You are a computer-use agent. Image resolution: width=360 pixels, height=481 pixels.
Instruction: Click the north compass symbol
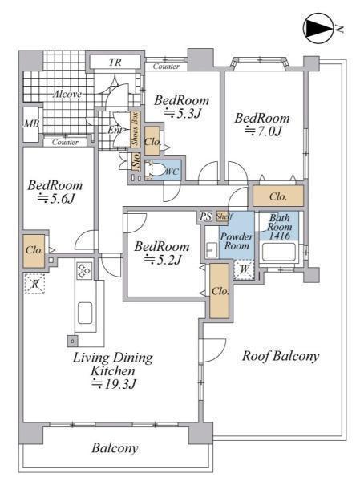click(318, 28)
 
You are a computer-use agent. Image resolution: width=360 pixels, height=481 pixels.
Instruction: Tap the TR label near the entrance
click(115, 63)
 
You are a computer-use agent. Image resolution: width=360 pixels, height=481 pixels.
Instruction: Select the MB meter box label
click(31, 123)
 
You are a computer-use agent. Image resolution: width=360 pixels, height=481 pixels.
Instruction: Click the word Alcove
click(67, 94)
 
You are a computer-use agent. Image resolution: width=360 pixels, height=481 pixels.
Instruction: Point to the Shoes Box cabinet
click(135, 128)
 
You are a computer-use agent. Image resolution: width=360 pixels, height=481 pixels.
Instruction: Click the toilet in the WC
click(155, 171)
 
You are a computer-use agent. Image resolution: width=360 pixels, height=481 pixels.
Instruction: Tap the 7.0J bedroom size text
click(263, 131)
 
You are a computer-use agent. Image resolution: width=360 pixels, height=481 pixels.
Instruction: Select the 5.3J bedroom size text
click(183, 114)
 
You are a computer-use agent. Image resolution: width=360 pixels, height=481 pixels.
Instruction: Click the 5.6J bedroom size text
click(56, 199)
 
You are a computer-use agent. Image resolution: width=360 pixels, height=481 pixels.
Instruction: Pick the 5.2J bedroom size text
click(163, 260)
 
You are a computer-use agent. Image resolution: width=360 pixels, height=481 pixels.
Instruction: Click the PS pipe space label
click(205, 216)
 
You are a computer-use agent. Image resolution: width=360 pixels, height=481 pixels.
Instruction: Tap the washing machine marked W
click(244, 269)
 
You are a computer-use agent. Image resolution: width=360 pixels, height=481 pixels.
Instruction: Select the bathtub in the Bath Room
click(277, 252)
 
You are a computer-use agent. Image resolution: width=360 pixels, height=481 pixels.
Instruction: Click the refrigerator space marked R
click(34, 284)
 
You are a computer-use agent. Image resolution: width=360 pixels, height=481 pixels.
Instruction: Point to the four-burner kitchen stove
click(84, 271)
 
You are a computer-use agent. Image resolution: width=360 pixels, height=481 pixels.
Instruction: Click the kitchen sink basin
click(85, 313)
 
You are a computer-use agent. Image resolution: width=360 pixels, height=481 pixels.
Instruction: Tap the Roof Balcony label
click(281, 356)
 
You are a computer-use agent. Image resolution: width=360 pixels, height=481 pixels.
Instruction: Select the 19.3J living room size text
click(114, 384)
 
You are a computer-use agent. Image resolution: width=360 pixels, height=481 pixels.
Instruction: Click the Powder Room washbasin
click(211, 249)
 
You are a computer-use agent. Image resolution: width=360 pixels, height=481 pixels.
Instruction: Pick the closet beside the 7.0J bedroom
click(278, 196)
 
